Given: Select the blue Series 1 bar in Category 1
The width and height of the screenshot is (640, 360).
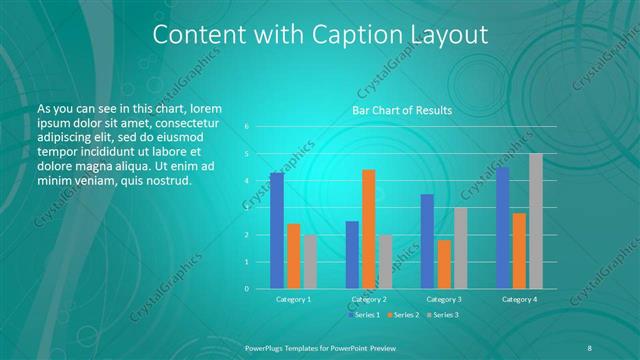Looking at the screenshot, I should point(277,230).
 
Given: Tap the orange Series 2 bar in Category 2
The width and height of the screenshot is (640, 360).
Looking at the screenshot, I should point(369,229).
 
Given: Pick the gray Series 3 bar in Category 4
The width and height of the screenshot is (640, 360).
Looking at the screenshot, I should point(536,221).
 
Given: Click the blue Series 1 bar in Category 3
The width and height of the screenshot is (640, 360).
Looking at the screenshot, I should point(427,241).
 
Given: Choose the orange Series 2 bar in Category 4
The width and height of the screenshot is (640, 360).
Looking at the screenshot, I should point(519,250).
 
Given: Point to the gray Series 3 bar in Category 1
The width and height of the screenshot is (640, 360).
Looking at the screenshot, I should point(310,261).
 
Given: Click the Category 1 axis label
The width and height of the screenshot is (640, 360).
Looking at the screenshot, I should point(294,299).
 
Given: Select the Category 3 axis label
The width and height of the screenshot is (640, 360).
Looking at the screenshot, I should point(444,299).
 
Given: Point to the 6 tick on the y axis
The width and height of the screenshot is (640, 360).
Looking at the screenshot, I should point(247,127).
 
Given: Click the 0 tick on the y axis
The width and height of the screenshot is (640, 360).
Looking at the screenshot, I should point(247,288).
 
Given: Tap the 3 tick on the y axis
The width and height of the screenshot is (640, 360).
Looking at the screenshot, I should point(247,208).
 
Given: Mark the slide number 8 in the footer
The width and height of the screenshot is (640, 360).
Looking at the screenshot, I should point(590,346).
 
